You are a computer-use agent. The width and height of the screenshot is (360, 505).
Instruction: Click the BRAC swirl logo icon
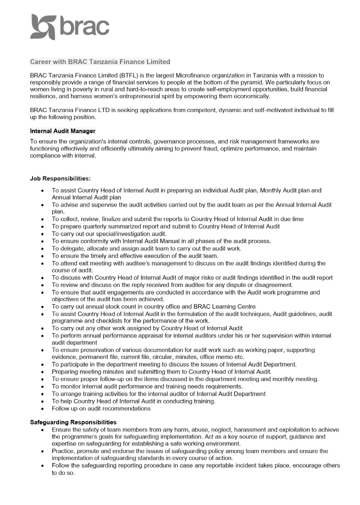click(x=43, y=27)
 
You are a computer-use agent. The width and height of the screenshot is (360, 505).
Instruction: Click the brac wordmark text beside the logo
click(x=84, y=27)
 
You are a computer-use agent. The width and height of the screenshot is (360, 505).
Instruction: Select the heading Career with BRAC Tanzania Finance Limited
click(x=100, y=61)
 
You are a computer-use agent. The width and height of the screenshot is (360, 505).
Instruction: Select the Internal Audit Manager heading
click(x=62, y=131)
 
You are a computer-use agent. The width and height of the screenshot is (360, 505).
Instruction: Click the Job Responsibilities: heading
click(x=60, y=178)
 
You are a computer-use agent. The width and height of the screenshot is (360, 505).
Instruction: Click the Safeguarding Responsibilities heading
click(x=73, y=422)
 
